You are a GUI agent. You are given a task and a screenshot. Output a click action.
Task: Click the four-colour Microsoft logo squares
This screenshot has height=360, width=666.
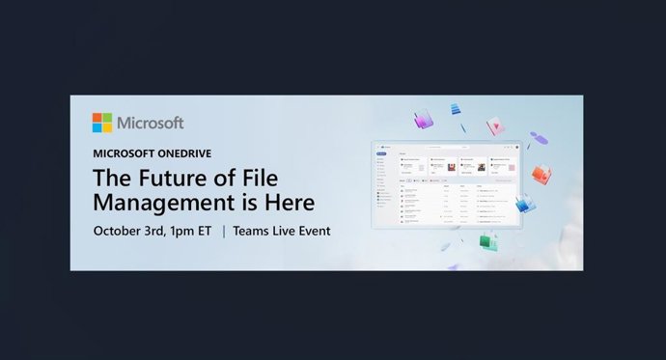[102, 123]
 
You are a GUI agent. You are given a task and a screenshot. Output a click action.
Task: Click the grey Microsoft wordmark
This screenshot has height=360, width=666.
[150, 124]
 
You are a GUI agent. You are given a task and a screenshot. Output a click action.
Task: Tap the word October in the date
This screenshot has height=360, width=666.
[120, 231]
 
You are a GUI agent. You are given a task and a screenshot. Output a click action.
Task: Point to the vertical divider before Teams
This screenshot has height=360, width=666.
[224, 231]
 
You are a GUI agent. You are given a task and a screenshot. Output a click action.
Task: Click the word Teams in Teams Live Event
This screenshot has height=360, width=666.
[253, 231]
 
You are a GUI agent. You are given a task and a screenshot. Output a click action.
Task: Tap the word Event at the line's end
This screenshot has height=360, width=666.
[313, 231]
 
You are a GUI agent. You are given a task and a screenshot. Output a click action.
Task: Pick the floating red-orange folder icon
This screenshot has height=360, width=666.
[542, 175]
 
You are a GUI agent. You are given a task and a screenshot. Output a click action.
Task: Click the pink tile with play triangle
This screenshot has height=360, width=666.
[495, 126]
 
